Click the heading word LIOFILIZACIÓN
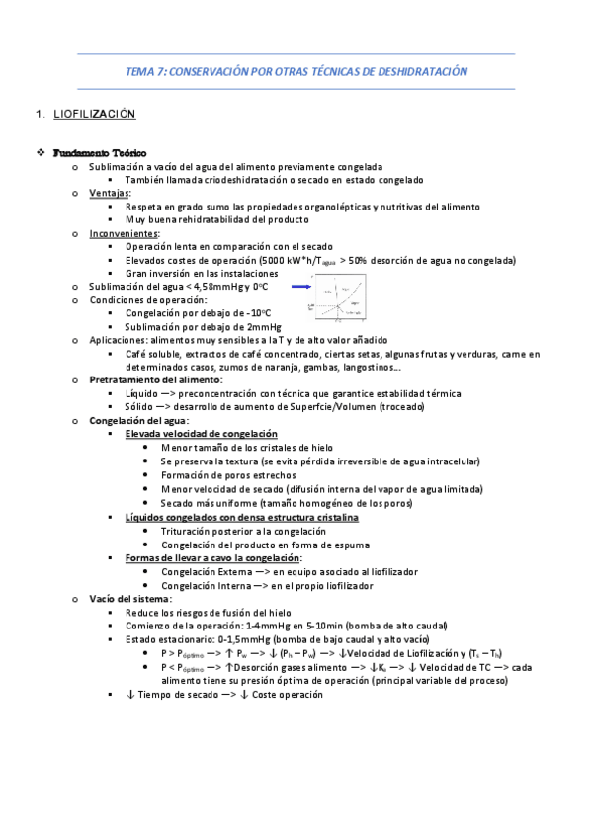tap(93, 115)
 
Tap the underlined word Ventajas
tap(110, 193)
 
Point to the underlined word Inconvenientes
tap(124, 233)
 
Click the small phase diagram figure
tap(341, 298)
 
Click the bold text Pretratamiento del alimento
tap(155, 379)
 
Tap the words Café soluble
tap(152, 353)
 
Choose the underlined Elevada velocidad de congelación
tap(201, 434)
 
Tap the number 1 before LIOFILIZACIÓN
tap(37, 115)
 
